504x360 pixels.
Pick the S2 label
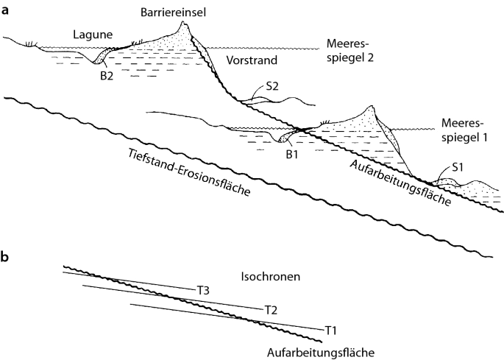tap(271, 85)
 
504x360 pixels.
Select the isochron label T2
tap(270, 309)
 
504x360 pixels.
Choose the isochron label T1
tap(331, 329)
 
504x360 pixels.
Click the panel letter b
tap(6, 258)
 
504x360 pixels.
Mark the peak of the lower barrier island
tap(375, 107)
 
